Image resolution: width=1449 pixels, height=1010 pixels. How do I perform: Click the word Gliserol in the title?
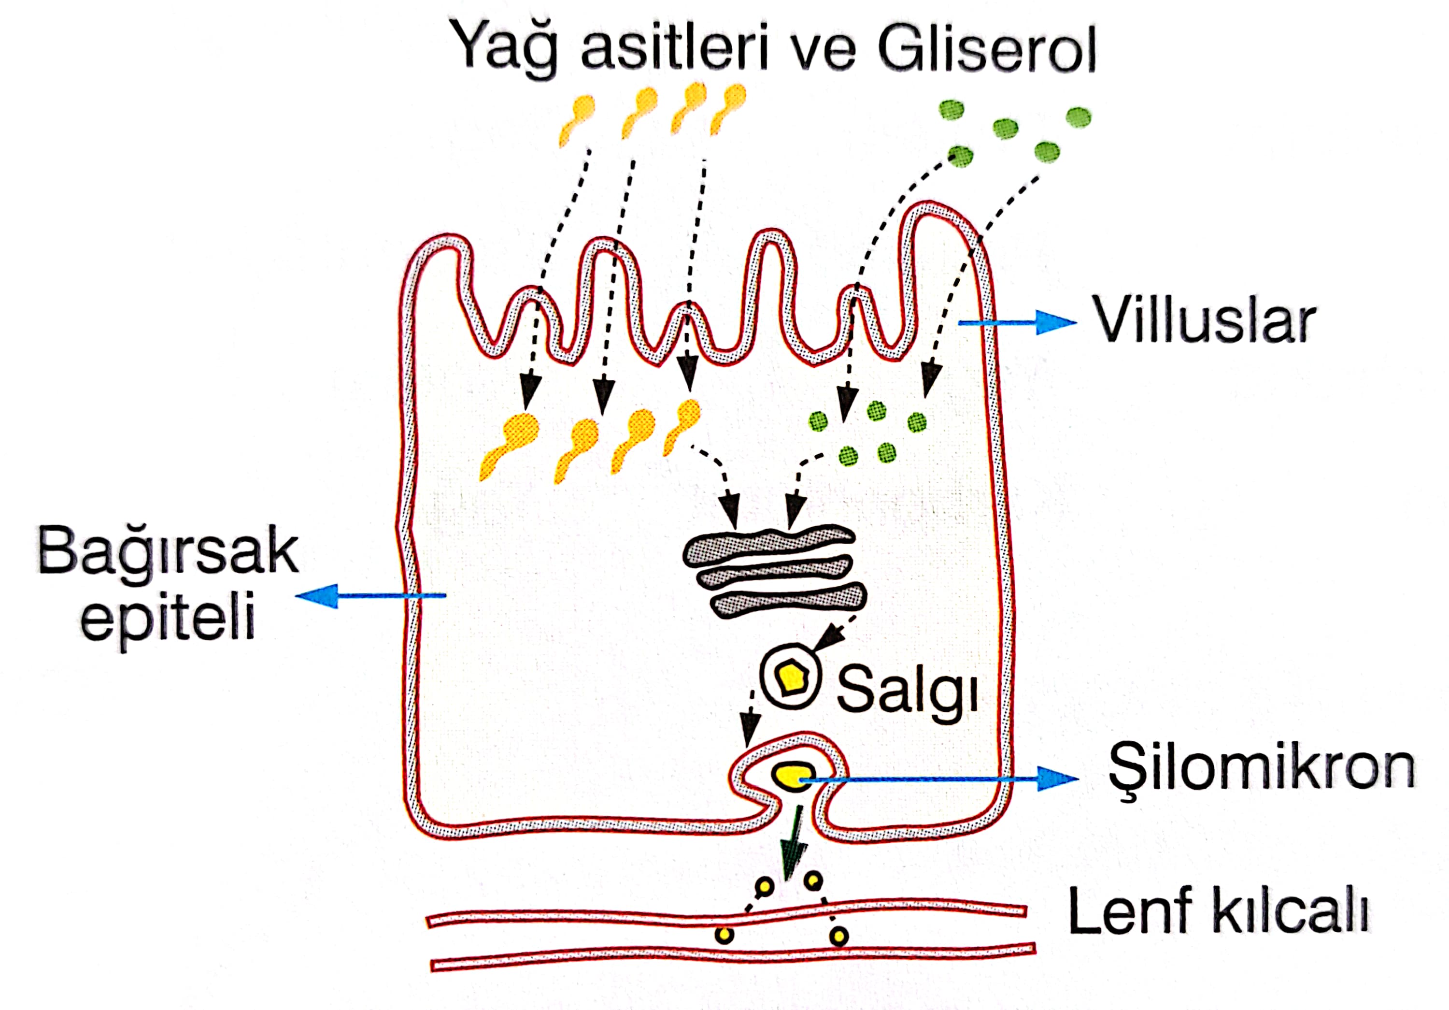[x=986, y=49]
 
